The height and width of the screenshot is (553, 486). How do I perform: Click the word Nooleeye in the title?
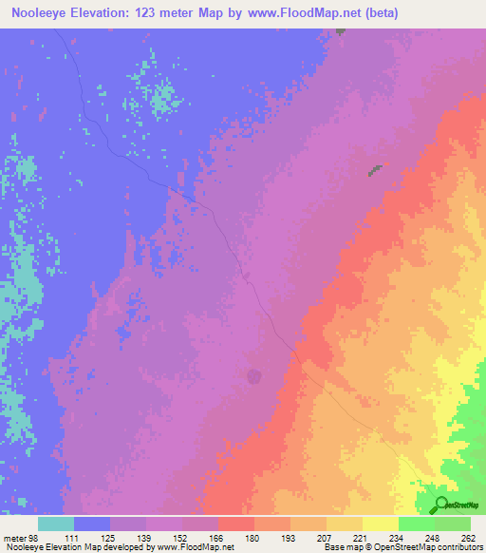pos(45,12)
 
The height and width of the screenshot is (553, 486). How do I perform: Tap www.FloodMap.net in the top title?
pos(304,12)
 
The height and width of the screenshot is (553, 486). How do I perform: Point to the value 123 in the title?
pos(153,12)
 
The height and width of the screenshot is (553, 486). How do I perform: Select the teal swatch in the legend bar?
pos(56,524)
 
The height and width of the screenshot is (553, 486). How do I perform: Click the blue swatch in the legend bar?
pos(92,524)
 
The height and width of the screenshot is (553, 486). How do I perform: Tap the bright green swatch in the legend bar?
pos(416,524)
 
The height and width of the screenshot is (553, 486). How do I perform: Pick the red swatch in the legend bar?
pos(236,524)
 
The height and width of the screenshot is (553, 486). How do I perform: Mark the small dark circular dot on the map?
pos(254,376)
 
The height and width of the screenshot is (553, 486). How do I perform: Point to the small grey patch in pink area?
pos(376,170)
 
